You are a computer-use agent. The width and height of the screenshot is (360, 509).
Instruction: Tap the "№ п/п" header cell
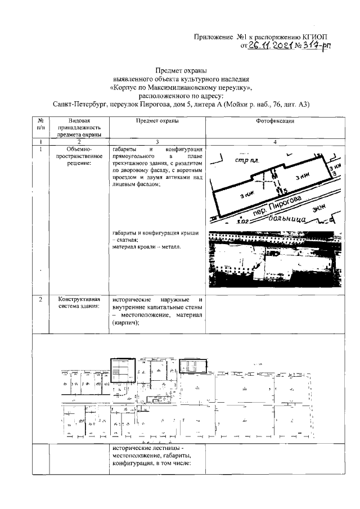[40, 125]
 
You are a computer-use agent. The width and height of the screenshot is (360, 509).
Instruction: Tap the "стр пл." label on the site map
[246, 160]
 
